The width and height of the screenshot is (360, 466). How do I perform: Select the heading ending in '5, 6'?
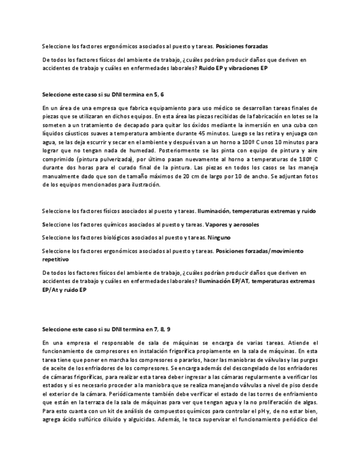pos(102,95)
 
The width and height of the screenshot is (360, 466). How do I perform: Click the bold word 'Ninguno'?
pos(219,237)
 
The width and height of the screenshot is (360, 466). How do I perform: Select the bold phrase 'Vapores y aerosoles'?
pos(231,224)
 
